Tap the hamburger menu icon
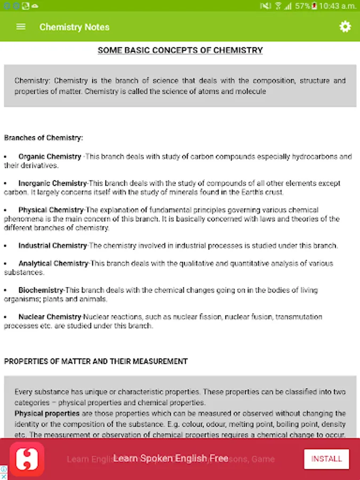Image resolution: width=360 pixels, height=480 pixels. coord(21,27)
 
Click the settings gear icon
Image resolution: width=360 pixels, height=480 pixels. coord(345,27)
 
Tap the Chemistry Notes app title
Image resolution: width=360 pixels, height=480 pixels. coord(74,27)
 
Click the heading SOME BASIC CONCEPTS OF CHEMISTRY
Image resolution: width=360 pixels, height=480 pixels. coord(180,51)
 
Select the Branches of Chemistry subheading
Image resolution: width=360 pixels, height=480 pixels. coord(44,138)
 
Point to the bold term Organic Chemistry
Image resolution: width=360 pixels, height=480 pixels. coord(50,157)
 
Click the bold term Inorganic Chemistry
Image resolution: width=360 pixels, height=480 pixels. coord(52,183)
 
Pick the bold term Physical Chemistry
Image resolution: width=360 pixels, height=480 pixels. coord(51,210)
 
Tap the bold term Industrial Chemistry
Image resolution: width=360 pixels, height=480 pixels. coord(52,246)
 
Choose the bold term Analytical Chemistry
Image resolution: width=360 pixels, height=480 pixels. coord(53,263)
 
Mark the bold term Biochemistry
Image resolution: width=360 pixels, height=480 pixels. coord(41,290)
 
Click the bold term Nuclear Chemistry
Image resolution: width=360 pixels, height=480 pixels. coord(50,317)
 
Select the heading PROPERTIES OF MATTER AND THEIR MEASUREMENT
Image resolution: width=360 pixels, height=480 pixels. coord(96,362)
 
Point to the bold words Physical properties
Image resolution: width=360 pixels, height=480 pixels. coord(47,413)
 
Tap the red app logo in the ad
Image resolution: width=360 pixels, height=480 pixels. coord(26,459)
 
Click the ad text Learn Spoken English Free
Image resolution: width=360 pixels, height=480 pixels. coord(171,459)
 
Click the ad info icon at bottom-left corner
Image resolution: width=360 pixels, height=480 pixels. coord(4,469)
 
